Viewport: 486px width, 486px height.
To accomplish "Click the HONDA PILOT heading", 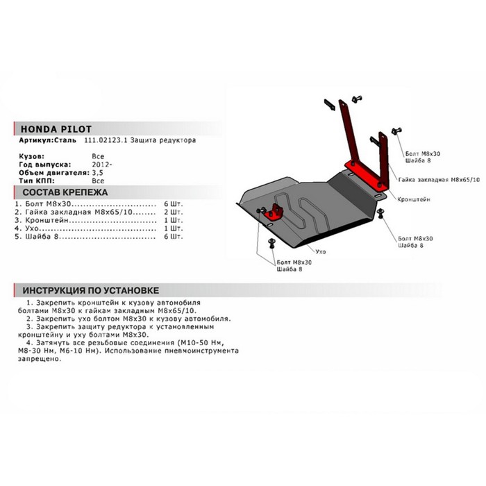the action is [x=56, y=129].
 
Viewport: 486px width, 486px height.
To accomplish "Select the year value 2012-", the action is [x=102, y=165].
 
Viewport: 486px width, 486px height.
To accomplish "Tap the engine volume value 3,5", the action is [x=98, y=173].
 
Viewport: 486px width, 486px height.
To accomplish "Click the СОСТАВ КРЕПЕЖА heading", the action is [x=65, y=192].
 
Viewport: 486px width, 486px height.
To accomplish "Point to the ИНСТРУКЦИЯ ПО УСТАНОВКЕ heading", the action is [x=90, y=290].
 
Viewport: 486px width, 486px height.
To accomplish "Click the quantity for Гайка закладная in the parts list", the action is [x=174, y=212].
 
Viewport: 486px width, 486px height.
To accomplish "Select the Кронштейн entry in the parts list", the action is [x=47, y=220].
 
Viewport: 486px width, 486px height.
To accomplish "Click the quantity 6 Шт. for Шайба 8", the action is [x=174, y=237].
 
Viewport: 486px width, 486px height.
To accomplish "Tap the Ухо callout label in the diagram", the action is [x=321, y=251].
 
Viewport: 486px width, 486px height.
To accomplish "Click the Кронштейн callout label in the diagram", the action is [x=414, y=199].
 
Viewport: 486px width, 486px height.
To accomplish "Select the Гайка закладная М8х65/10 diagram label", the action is [x=439, y=180].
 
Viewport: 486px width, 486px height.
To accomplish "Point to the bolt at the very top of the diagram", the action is [x=357, y=99].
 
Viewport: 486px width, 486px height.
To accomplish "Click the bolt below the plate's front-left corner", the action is [x=272, y=243].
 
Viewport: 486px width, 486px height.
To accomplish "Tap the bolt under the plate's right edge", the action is [x=380, y=213].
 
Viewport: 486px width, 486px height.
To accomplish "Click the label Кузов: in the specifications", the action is [x=32, y=156].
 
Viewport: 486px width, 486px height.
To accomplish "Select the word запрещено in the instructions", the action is [x=40, y=359].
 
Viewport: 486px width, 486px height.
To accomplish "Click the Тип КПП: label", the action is [x=37, y=181].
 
